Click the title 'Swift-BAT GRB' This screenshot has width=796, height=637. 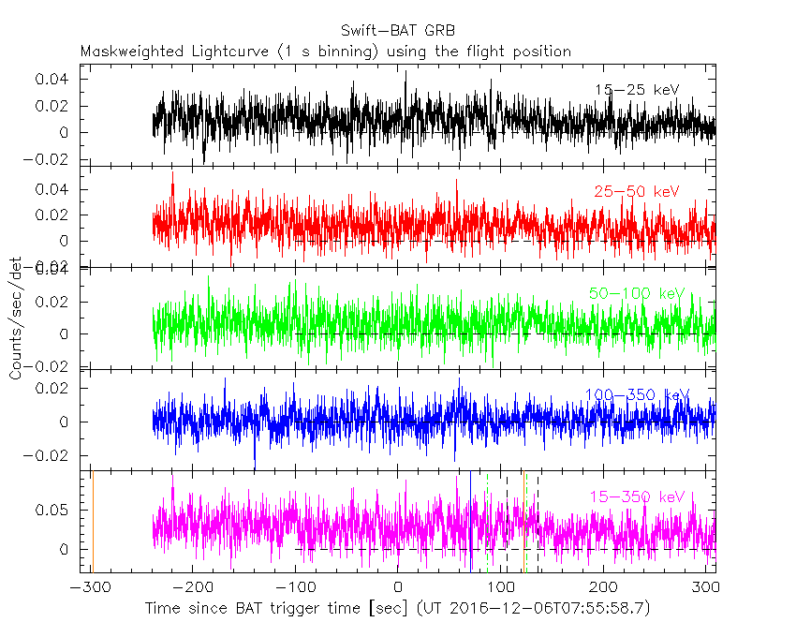tap(397, 30)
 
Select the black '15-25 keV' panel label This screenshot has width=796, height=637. tap(636, 90)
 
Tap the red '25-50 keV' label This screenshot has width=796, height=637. tap(636, 192)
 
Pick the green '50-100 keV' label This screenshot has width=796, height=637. tap(638, 294)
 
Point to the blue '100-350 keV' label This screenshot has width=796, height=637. tap(637, 395)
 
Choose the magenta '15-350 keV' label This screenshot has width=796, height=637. tap(637, 496)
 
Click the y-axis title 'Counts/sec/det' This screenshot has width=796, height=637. tap(16, 318)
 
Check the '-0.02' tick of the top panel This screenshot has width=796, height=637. tap(52, 159)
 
